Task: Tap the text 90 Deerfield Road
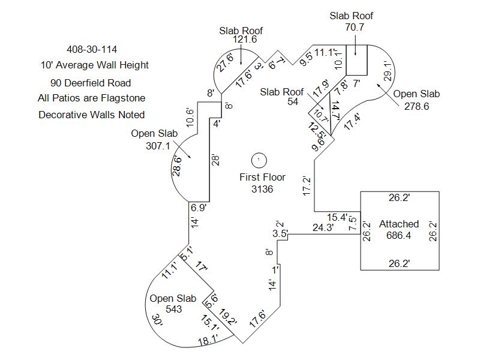[91, 83]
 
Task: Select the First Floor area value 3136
[262, 190]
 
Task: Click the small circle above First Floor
[259, 160]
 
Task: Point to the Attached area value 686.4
[398, 235]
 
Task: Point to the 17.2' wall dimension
[307, 187]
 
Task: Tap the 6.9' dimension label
[199, 208]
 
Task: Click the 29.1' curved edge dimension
[388, 71]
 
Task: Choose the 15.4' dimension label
[337, 216]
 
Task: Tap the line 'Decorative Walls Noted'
[91, 115]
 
